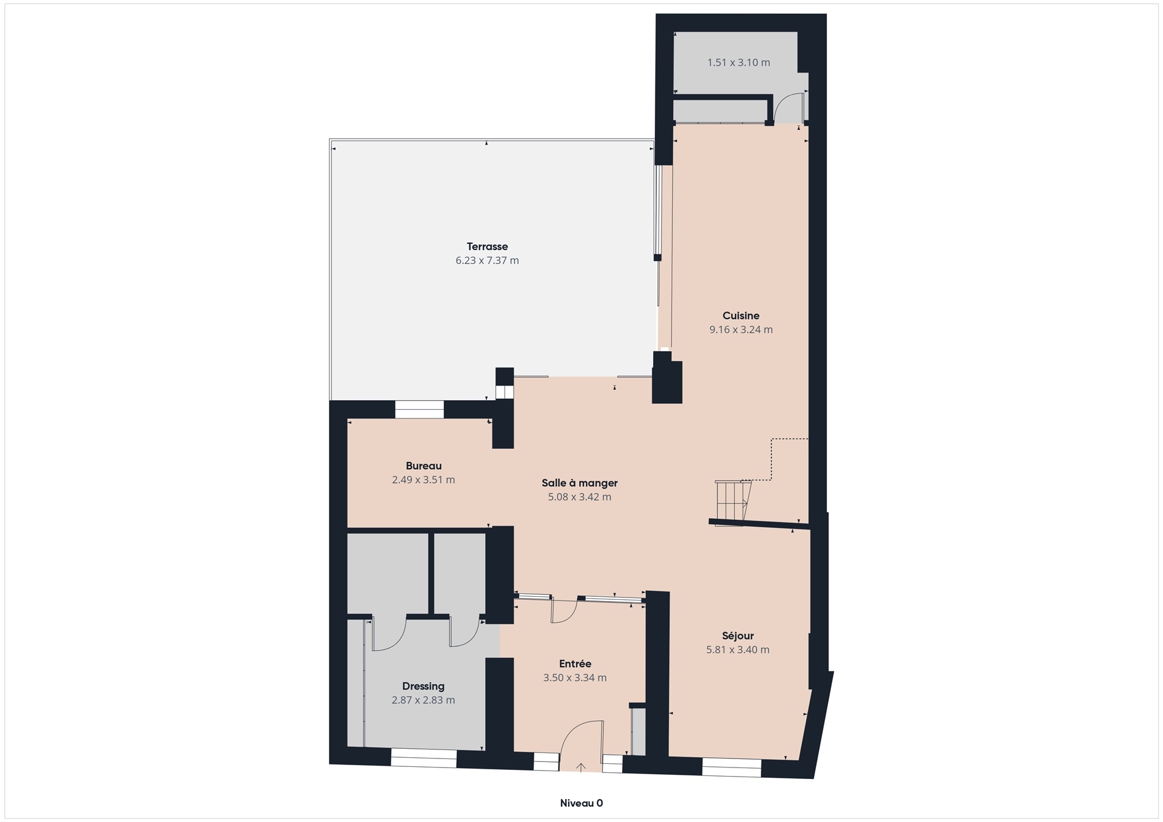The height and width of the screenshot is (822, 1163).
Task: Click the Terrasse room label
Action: (487, 246)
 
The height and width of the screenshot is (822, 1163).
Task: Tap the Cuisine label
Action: (741, 315)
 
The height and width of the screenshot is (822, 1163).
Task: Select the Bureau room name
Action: (423, 465)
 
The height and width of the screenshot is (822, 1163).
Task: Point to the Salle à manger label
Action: (580, 482)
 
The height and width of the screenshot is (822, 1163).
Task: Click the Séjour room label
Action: (738, 636)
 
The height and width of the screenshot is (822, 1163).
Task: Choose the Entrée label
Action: (575, 663)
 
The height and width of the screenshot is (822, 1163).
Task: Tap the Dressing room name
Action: (423, 686)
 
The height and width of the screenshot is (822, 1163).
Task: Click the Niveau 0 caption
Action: (581, 803)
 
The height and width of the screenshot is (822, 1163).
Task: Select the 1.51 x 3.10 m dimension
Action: (739, 62)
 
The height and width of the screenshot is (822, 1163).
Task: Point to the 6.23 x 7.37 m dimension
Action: (487, 260)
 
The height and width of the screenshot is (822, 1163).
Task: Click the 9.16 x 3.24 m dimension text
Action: (741, 329)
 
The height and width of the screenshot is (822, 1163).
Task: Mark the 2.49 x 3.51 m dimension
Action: (423, 479)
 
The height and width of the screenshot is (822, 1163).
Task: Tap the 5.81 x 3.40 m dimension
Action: (738, 649)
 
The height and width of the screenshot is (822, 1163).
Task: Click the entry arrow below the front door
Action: (581, 768)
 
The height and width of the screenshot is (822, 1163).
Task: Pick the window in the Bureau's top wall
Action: (419, 410)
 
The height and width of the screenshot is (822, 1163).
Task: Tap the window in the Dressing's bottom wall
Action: (423, 758)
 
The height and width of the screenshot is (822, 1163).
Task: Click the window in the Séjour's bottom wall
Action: (732, 768)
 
